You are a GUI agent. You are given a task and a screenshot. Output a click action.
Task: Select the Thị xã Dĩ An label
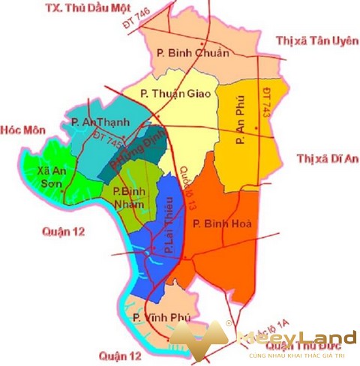coord(325,159)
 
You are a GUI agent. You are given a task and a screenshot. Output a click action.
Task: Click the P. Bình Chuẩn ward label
coord(187,52)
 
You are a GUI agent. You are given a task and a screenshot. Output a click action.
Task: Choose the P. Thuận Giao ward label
coord(174,94)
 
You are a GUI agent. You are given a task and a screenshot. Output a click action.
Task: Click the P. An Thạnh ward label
coord(100,121)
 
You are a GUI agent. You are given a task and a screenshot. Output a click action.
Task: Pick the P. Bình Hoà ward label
coord(224,223)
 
